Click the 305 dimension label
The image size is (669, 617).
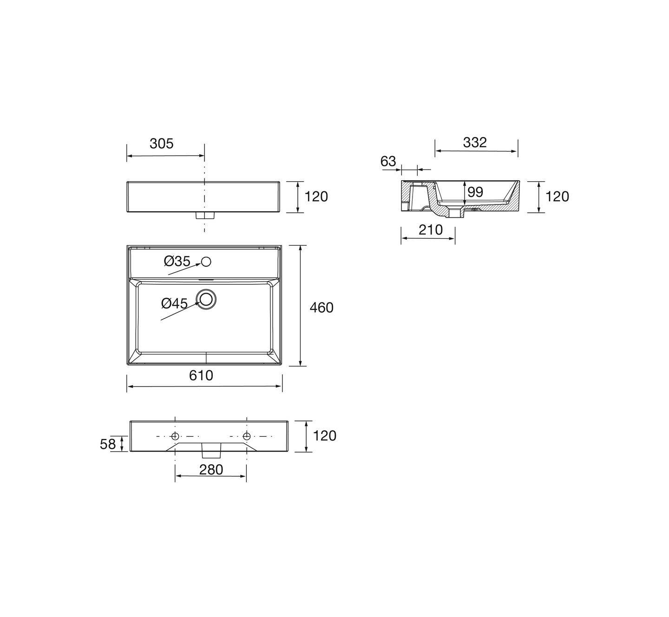161,144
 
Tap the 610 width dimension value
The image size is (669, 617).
201,375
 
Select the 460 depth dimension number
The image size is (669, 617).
321,308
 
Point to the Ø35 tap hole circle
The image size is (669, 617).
206,262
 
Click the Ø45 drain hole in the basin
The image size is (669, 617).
206,299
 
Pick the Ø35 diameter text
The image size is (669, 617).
177,261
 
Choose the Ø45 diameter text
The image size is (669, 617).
175,303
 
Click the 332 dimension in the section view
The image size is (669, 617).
475,143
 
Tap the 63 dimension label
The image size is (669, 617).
388,161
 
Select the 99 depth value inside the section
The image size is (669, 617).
475,192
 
